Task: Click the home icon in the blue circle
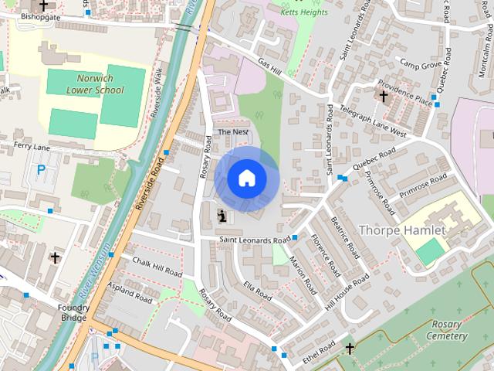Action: tap(246, 179)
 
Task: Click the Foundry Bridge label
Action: tap(74, 312)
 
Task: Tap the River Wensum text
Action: tap(92, 286)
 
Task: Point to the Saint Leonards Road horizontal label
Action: tap(254, 240)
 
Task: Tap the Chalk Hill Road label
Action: tap(156, 268)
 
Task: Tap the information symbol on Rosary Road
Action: tap(222, 217)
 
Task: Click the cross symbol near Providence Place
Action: tap(383, 95)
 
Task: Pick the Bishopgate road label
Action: tap(39, 15)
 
